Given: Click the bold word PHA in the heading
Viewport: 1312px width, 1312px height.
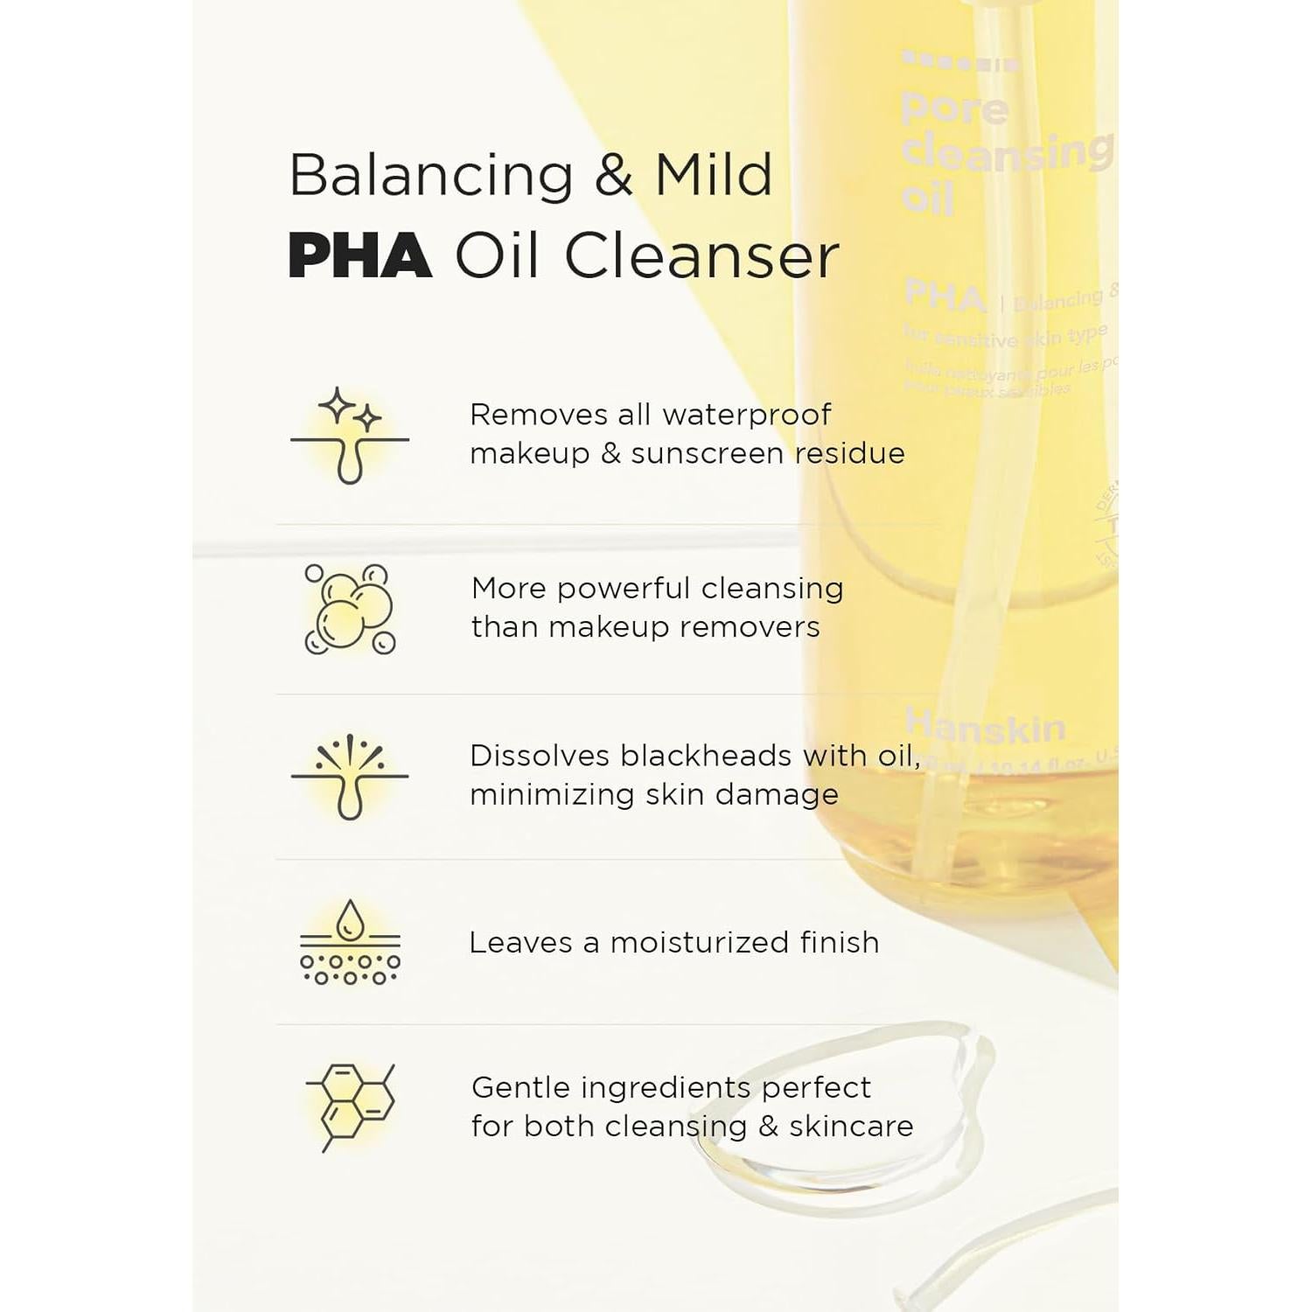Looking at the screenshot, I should point(359,256).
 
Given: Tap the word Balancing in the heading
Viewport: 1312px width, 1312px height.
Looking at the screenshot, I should point(431,175).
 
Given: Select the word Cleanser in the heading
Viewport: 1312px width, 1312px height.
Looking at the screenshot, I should point(701,256).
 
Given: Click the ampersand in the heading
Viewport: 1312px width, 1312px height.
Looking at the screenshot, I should point(614,175).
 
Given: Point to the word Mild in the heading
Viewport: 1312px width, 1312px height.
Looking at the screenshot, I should point(714,175).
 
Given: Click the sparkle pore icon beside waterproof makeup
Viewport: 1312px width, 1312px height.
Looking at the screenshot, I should point(350,436).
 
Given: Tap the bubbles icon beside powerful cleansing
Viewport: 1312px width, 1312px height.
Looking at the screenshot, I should point(350,609).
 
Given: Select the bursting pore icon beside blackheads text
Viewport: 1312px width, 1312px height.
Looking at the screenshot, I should point(350,776).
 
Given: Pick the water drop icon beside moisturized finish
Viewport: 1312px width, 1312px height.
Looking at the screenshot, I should point(350,942).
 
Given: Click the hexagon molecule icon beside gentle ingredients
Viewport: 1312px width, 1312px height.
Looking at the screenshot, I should point(350,1107).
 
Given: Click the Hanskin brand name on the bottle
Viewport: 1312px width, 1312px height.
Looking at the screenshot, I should point(985,726).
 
